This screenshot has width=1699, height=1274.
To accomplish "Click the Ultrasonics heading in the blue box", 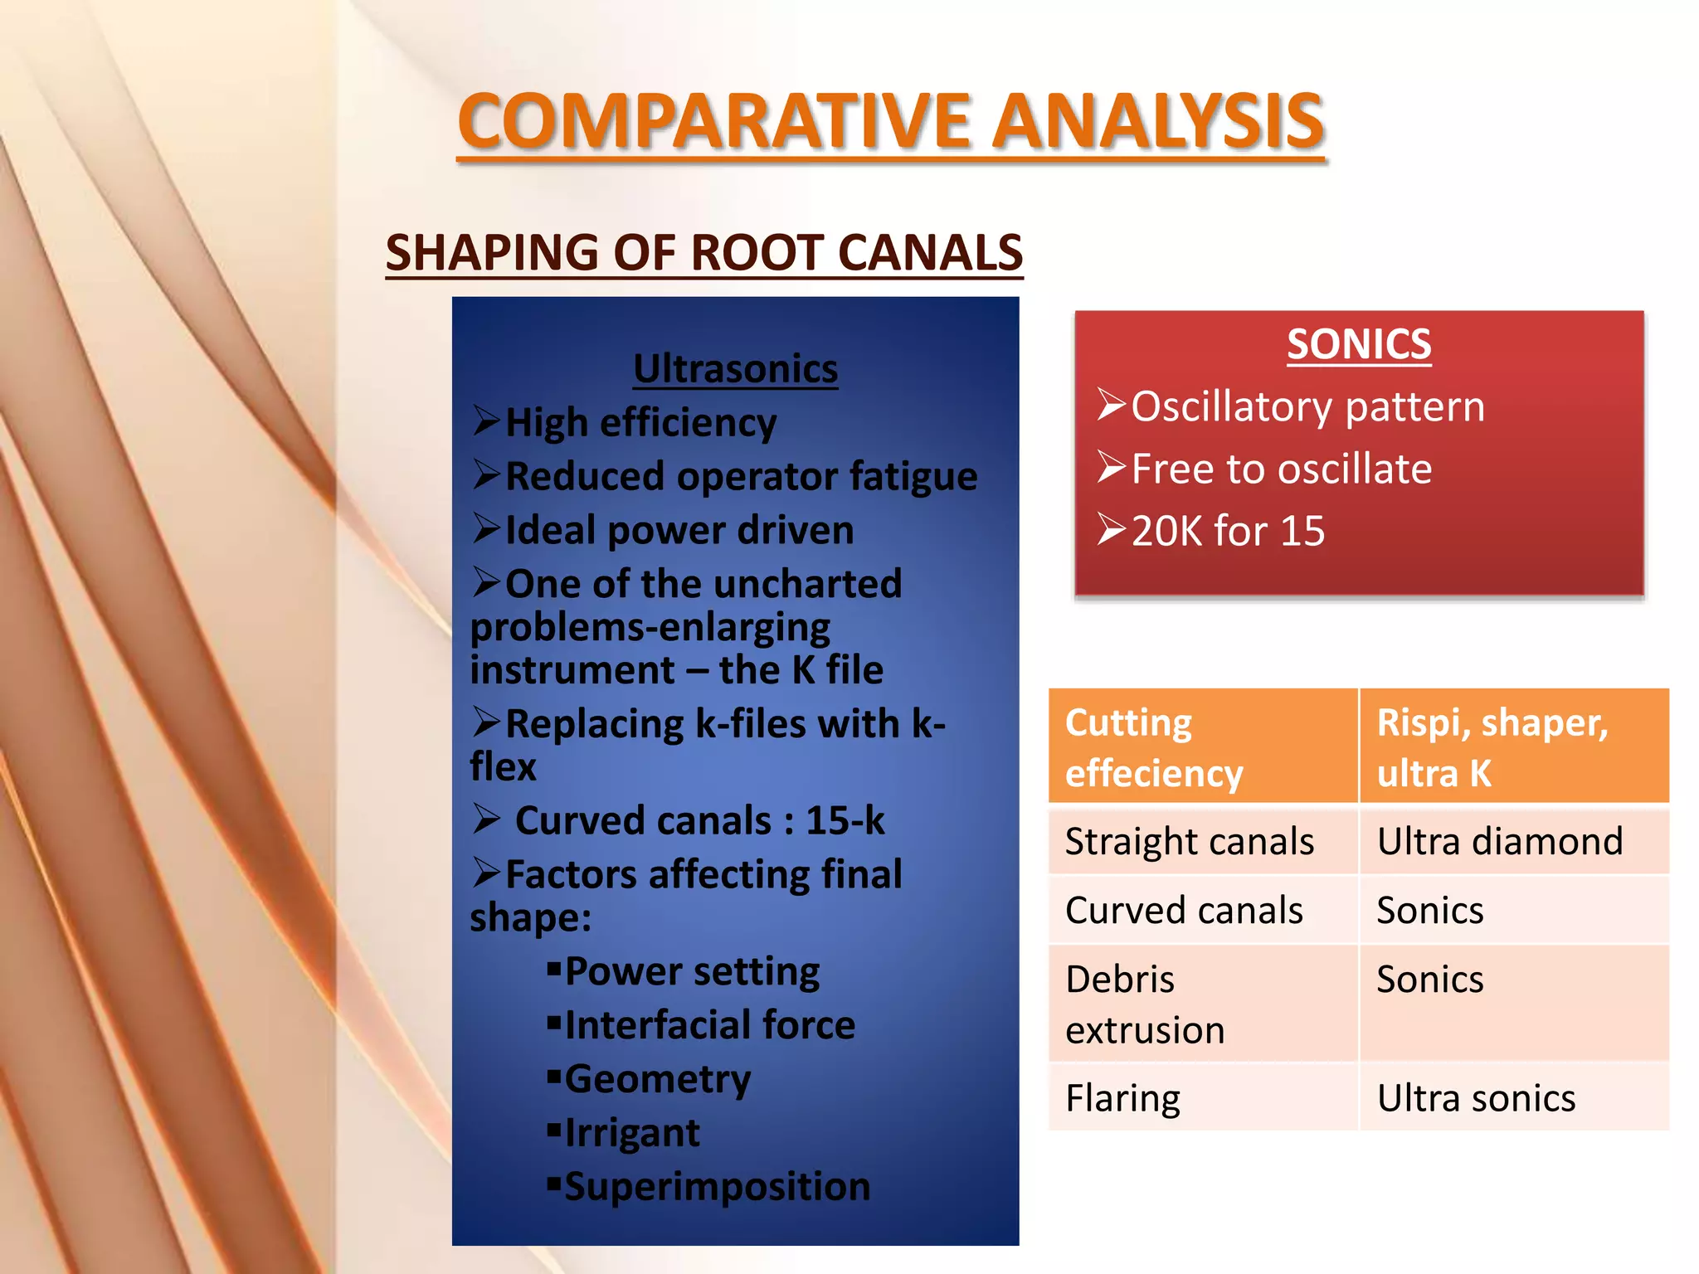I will point(735,368).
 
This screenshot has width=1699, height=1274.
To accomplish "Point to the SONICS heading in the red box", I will point(1359,343).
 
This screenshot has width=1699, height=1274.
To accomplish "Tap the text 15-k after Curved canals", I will point(845,820).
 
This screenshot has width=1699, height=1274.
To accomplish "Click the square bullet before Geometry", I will point(554,1077).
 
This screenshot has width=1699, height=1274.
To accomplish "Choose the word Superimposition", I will point(718,1186).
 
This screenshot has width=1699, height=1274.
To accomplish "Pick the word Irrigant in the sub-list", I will point(632,1133).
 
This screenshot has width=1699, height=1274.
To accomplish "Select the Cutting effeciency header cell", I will point(1202,746).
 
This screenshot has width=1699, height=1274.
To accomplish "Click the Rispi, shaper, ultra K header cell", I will point(1513,746).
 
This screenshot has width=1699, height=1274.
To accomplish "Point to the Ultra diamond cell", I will point(1500,841).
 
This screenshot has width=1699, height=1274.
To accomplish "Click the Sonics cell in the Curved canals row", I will point(1430,911).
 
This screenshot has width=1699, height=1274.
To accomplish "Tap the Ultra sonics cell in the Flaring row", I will point(1476,1098).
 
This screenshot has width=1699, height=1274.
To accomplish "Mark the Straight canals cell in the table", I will point(1189,841).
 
